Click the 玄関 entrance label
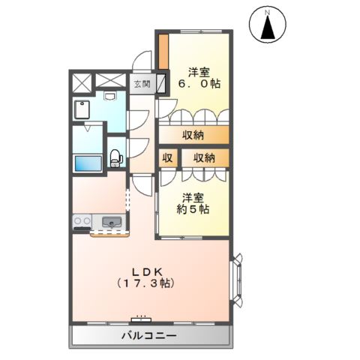(x=142, y=84)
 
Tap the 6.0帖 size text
(x=198, y=85)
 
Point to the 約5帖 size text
(x=193, y=211)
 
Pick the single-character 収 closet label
(x=168, y=157)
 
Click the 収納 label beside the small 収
(x=204, y=157)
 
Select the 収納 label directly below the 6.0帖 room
(x=193, y=134)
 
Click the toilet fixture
(x=115, y=157)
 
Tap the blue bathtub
(x=88, y=161)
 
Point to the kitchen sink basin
(x=112, y=222)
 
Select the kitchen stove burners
(x=82, y=222)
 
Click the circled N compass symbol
(x=266, y=12)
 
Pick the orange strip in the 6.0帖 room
(x=162, y=49)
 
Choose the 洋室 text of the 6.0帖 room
(x=198, y=73)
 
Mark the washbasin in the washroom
(x=110, y=96)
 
